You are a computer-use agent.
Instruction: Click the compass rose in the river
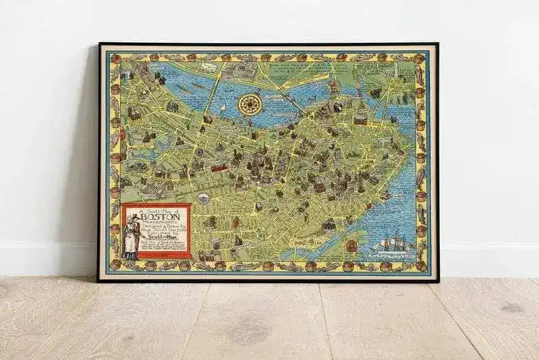pos(250,103)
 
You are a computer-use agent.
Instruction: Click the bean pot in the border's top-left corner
pos(115,59)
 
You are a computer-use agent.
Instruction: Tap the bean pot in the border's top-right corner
pos(420,59)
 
